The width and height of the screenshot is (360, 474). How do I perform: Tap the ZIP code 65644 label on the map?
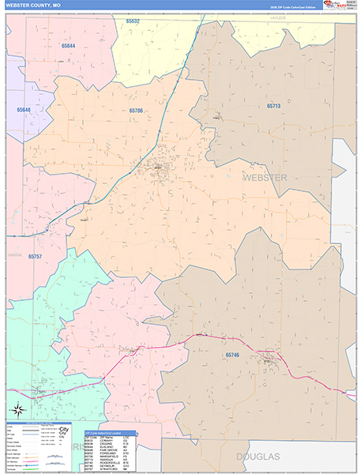pyautogui.click(x=69, y=46)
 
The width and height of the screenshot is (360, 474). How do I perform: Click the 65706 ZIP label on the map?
pyautogui.click(x=137, y=111)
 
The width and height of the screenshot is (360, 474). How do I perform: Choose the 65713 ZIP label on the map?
pyautogui.click(x=273, y=105)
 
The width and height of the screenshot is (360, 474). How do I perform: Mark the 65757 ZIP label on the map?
pyautogui.click(x=36, y=257)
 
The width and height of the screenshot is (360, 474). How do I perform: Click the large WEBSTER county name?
pyautogui.click(x=264, y=178)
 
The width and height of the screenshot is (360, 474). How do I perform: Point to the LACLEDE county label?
pyautogui.click(x=276, y=16)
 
